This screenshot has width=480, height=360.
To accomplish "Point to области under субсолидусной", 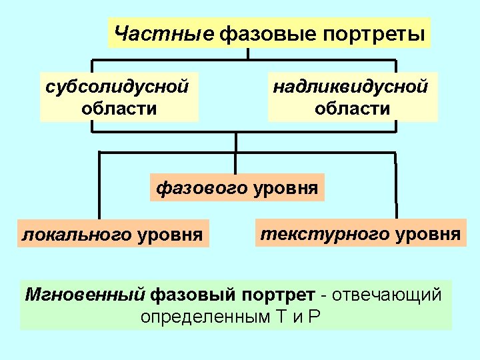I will [x=119, y=108].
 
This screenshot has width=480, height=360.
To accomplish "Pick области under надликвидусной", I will [x=353, y=108].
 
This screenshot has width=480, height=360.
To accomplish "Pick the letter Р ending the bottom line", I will [x=315, y=315].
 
